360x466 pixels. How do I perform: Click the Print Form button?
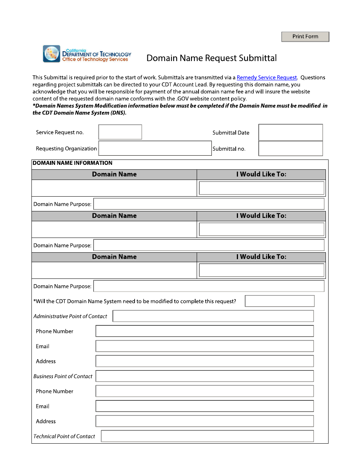pos(305,37)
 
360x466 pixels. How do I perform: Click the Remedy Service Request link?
pos(267,78)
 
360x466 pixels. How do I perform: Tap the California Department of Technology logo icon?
pos(52,54)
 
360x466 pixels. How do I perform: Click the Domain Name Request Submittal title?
pos(211,58)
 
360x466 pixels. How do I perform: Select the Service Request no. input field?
pos(120,132)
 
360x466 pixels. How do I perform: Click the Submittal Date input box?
pos(290,133)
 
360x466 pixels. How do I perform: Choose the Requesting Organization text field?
pos(155,149)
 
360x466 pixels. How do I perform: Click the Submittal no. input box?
pos(290,149)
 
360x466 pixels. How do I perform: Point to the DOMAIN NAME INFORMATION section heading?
pos(72,163)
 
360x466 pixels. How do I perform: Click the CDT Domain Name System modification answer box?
pos(280,301)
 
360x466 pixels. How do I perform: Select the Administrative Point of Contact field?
pos(213,316)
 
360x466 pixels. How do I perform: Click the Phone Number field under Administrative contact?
pos(204,331)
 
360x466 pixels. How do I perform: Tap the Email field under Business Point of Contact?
pos(204,406)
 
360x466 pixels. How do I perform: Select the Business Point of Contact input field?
pos(204,376)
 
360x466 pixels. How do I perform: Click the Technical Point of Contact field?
pos(207,436)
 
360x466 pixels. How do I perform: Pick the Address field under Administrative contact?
pos(204,361)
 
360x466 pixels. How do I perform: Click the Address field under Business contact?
pos(204,421)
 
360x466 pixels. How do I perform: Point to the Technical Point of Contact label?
pos(64,436)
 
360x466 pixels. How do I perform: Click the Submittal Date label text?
pos(231,133)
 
